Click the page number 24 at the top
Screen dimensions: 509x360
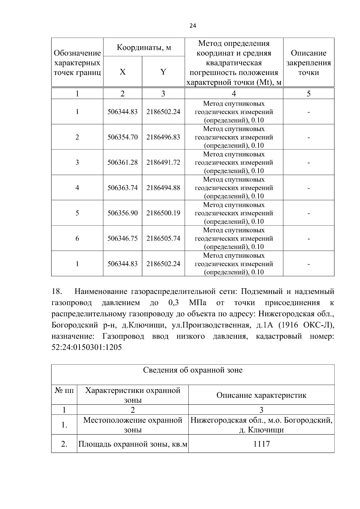coord(193,26)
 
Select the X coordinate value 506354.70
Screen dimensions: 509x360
coord(123,137)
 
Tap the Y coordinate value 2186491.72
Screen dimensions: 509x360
coord(163,162)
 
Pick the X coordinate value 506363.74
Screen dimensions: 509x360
coord(123,188)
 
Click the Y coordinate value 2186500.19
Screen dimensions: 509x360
coord(163,213)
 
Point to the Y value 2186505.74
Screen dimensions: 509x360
coord(163,238)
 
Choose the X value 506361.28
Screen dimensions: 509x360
coord(123,162)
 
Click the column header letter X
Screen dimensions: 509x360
coord(123,72)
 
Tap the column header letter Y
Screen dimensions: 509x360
coord(163,72)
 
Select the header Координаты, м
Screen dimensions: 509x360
coord(144,47)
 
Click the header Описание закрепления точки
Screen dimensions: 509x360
coord(308,63)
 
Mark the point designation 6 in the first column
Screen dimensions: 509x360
coord(77,238)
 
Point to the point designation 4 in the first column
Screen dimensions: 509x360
coord(77,188)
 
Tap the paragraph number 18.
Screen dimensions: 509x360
coord(57,292)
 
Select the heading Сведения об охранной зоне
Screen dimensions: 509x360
coord(193,370)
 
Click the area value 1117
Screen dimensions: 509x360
coord(261,444)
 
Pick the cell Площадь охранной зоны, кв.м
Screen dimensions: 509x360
coord(133,444)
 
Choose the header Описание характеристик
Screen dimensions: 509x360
coord(261,395)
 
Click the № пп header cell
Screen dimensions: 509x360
coord(64,391)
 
